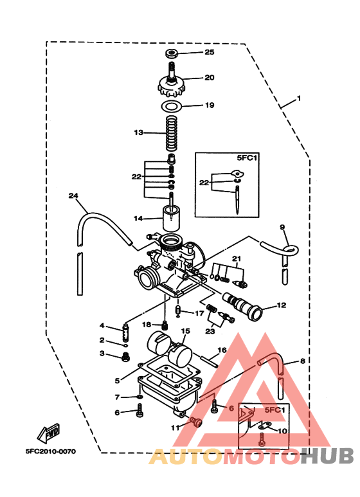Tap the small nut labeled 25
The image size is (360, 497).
[172, 52]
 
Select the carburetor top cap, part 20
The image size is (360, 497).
[172, 82]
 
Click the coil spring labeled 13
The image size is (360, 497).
[171, 133]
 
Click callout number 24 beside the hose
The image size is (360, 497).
[73, 196]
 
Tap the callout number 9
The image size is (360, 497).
[282, 228]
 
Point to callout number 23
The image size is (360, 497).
[210, 331]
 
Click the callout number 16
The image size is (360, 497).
[222, 350]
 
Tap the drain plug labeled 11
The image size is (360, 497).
[197, 422]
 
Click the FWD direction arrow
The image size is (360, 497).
[49, 432]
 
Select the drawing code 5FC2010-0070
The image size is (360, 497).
[51, 451]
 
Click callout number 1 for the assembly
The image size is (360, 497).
[298, 99]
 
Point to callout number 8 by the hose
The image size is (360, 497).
[302, 361]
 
